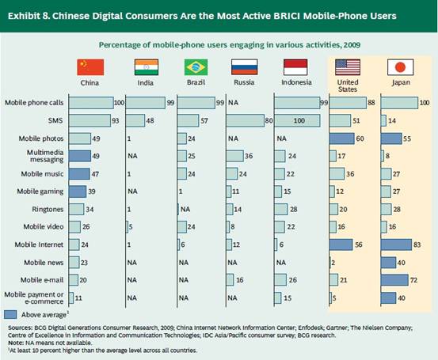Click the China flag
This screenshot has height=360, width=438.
[90, 67]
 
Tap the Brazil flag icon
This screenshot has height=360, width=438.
[196, 67]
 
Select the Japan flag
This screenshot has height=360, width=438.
[400, 67]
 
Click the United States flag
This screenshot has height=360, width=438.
[348, 67]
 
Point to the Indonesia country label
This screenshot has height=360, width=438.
[296, 82]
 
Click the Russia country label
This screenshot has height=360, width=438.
[244, 82]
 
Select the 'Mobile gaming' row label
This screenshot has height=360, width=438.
[40, 191]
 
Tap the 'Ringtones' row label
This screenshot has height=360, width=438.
[48, 210]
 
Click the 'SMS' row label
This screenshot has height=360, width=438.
[55, 120]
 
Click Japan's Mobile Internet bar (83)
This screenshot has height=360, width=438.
[396, 244]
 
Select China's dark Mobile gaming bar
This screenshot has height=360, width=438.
[78, 191]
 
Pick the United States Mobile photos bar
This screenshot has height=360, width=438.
[341, 138]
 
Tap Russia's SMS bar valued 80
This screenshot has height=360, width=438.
[245, 120]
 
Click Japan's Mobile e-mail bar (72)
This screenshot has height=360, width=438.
[394, 280]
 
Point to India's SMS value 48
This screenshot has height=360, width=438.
[150, 121]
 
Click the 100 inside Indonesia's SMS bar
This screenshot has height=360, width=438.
[299, 121]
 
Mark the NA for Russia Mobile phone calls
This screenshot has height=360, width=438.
[233, 103]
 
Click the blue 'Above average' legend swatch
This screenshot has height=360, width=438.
[10, 315]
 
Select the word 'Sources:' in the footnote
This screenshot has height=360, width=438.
[20, 328]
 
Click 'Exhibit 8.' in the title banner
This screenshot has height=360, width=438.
[29, 16]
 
